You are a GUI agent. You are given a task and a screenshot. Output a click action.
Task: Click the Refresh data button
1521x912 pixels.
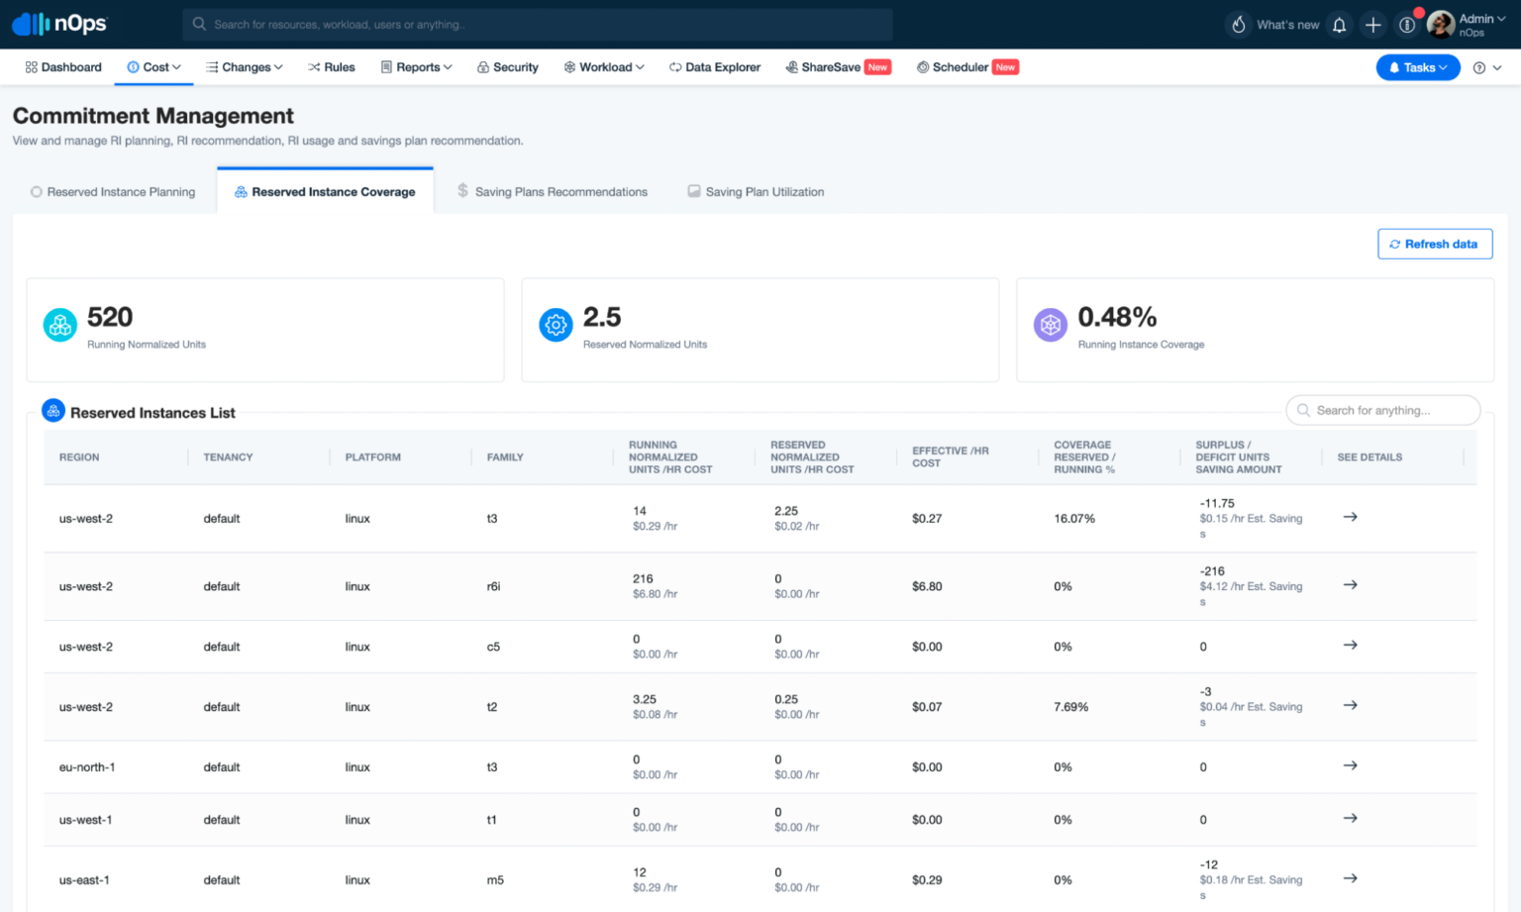(1434, 244)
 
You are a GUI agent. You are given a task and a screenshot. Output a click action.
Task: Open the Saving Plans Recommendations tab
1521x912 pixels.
(560, 192)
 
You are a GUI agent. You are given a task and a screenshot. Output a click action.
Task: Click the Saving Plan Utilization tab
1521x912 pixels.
(763, 192)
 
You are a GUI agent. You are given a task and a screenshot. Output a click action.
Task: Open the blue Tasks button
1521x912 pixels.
(1417, 67)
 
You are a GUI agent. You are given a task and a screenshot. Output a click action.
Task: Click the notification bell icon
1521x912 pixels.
(1339, 25)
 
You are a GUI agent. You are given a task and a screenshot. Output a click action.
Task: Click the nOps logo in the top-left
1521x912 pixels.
(59, 24)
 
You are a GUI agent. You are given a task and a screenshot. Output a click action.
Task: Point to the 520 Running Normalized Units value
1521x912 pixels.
(110, 317)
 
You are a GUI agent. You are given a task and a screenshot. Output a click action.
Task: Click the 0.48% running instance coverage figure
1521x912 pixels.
(1117, 317)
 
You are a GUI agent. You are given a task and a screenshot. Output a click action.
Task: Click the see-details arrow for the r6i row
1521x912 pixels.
(1350, 585)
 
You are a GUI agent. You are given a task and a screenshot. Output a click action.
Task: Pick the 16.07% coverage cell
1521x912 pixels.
(1074, 519)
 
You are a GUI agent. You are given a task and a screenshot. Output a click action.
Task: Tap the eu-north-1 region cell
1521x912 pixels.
(87, 767)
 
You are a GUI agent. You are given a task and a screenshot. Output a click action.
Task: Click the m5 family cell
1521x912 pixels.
(495, 880)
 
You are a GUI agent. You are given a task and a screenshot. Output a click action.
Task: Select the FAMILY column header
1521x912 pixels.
(505, 457)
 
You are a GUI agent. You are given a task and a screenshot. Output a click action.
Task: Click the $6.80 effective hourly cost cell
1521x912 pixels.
(927, 586)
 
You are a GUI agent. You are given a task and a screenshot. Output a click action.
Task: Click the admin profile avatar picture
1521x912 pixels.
(1440, 24)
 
